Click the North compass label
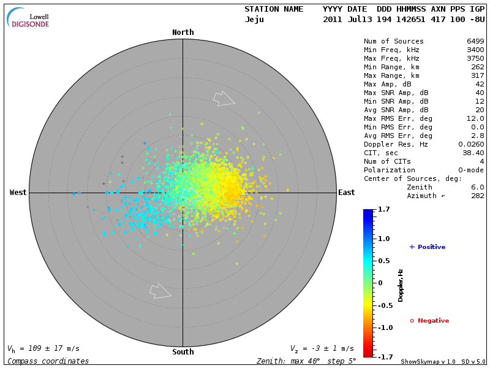click(x=183, y=33)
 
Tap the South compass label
click(x=183, y=352)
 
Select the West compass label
click(x=18, y=193)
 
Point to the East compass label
click(x=346, y=193)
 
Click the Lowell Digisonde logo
click(x=29, y=18)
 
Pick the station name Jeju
click(x=254, y=20)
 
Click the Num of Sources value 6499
click(x=475, y=42)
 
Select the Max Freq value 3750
click(x=475, y=59)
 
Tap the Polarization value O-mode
click(x=469, y=170)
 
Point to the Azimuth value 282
click(x=478, y=196)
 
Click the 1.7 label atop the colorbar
click(x=385, y=210)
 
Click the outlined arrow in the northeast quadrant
click(x=224, y=98)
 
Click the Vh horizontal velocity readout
click(x=43, y=348)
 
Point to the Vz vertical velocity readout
click(x=322, y=348)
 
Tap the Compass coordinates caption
click(x=48, y=361)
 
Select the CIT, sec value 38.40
click(x=473, y=153)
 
